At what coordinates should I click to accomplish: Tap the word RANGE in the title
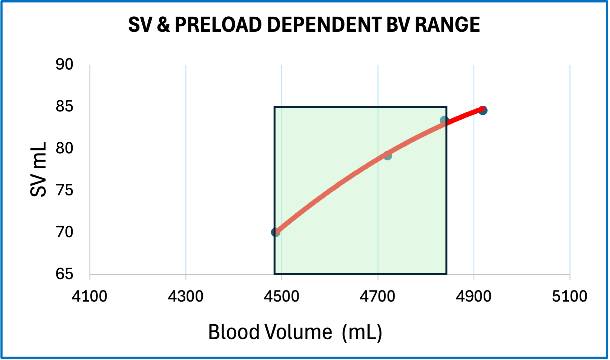pos(447,25)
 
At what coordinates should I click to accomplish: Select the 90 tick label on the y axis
pos(64,65)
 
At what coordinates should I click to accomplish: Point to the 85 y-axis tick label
pos(64,106)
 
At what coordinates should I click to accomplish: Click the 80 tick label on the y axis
pos(64,148)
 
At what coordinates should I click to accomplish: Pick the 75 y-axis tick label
pos(64,190)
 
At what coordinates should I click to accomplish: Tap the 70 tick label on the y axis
pos(64,232)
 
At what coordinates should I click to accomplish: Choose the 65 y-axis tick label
pos(64,274)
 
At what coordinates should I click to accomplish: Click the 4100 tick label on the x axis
pos(89,296)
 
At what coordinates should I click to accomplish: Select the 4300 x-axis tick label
pos(185,296)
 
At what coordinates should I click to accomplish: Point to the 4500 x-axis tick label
pos(282,296)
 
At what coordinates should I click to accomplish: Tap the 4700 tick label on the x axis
pos(377,296)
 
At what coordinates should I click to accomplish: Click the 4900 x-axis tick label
pos(474,296)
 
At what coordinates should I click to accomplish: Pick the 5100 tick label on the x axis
pos(569,296)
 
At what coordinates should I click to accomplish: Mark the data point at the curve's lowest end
pos(275,232)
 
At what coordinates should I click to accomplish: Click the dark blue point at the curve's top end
pos(483,110)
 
